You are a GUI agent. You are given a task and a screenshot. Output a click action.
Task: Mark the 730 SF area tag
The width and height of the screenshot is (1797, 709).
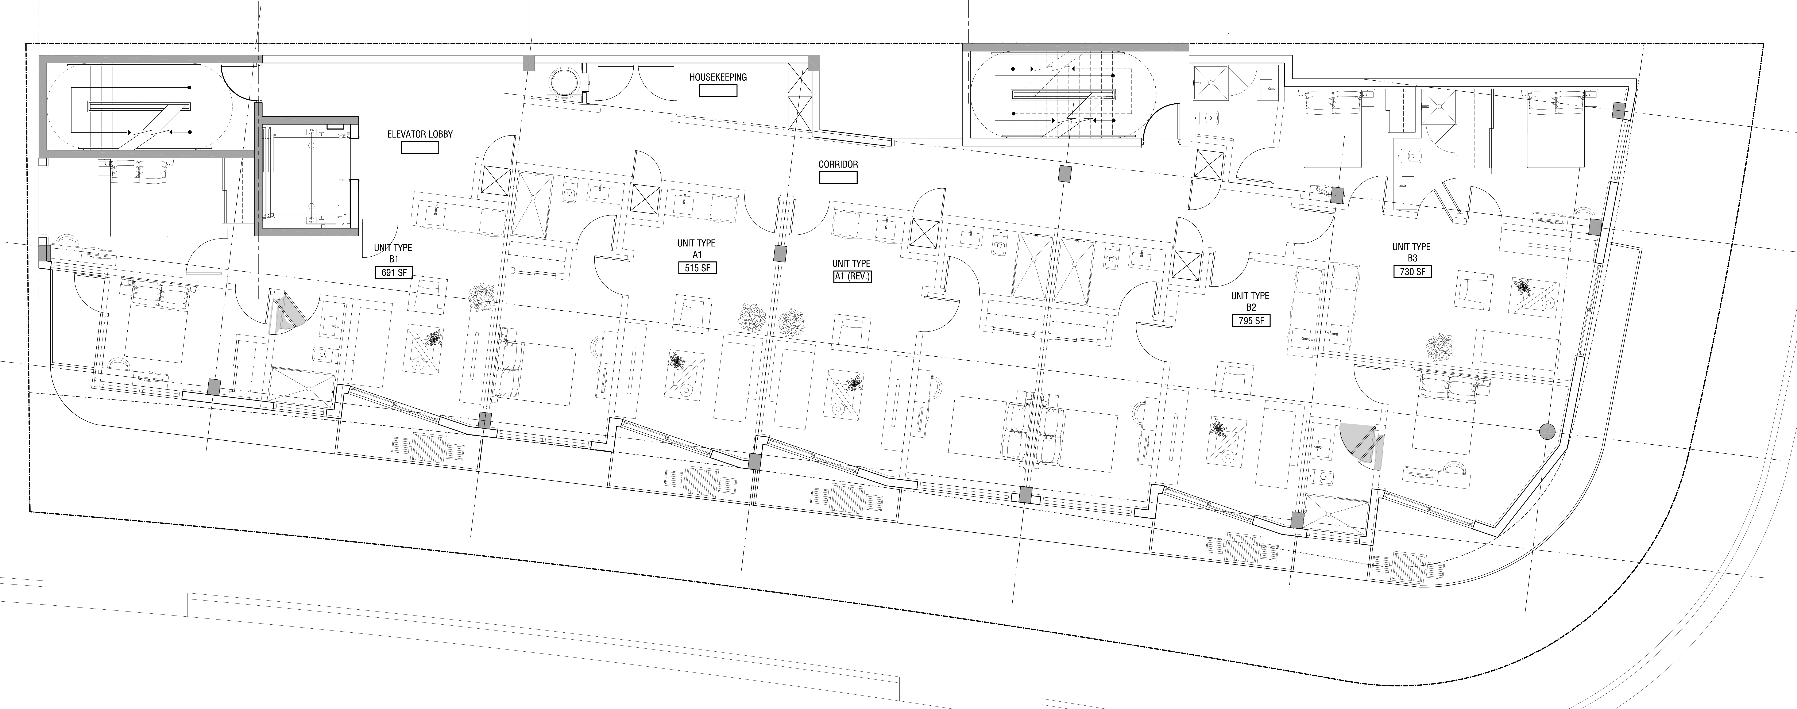pos(1412,271)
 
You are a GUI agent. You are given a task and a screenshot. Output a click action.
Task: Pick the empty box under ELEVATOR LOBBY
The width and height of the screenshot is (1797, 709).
pos(420,147)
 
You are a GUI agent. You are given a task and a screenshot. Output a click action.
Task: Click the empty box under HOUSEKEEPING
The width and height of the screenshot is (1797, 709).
pos(718,91)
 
